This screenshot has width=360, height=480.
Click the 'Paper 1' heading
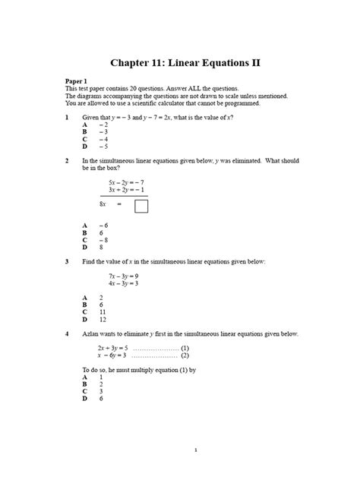tap(79, 80)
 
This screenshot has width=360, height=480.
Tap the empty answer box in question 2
tap(141, 206)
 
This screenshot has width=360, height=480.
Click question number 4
tap(68, 333)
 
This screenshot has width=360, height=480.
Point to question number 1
tap(68, 118)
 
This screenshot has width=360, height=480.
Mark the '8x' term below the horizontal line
tap(104, 204)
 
